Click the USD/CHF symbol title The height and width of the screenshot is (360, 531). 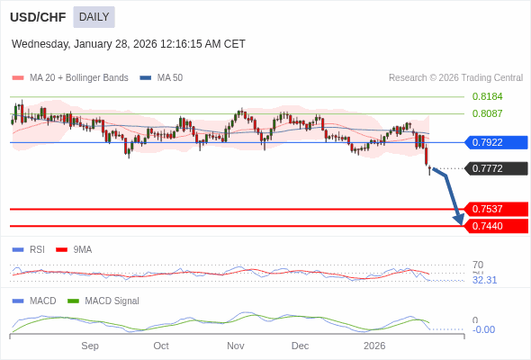pos(37,16)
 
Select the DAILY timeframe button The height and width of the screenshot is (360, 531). pos(94,16)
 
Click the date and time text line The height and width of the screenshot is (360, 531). pos(128,43)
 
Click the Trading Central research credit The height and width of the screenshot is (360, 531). pos(455,78)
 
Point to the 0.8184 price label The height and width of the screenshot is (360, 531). pos(487,96)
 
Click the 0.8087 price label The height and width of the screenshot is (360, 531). pos(487,113)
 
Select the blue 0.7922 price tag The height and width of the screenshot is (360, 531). pos(495,142)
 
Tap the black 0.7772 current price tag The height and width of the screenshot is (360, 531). pos(495,168)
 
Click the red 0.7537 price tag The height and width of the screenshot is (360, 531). pos(495,209)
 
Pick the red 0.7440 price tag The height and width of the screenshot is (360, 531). pos(495,226)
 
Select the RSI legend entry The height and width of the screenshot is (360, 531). pos(36,249)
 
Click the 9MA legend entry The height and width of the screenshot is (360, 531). pos(82,249)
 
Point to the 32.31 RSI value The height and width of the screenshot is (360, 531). pos(484,280)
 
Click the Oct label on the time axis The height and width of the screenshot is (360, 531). pos(161,346)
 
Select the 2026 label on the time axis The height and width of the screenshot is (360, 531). pos(374,346)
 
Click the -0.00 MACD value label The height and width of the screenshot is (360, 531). pos(483,329)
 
